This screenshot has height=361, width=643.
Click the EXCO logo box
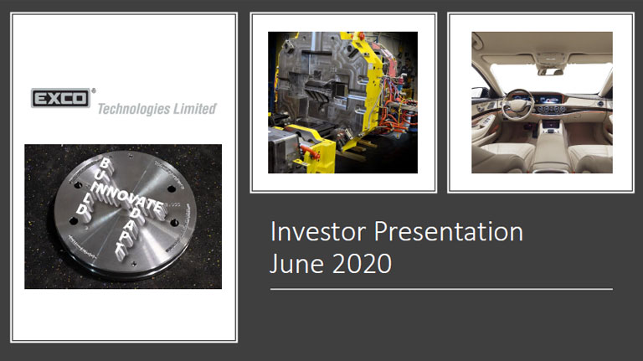pyautogui.click(x=60, y=99)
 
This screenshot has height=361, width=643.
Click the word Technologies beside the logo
pyautogui.click(x=134, y=109)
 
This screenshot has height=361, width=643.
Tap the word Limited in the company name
pyautogui.click(x=196, y=109)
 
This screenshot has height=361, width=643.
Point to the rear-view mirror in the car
pyautogui.click(x=549, y=59)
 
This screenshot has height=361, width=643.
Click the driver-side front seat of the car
pyautogui.click(x=497, y=155)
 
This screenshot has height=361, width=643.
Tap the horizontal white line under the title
pyautogui.click(x=441, y=289)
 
